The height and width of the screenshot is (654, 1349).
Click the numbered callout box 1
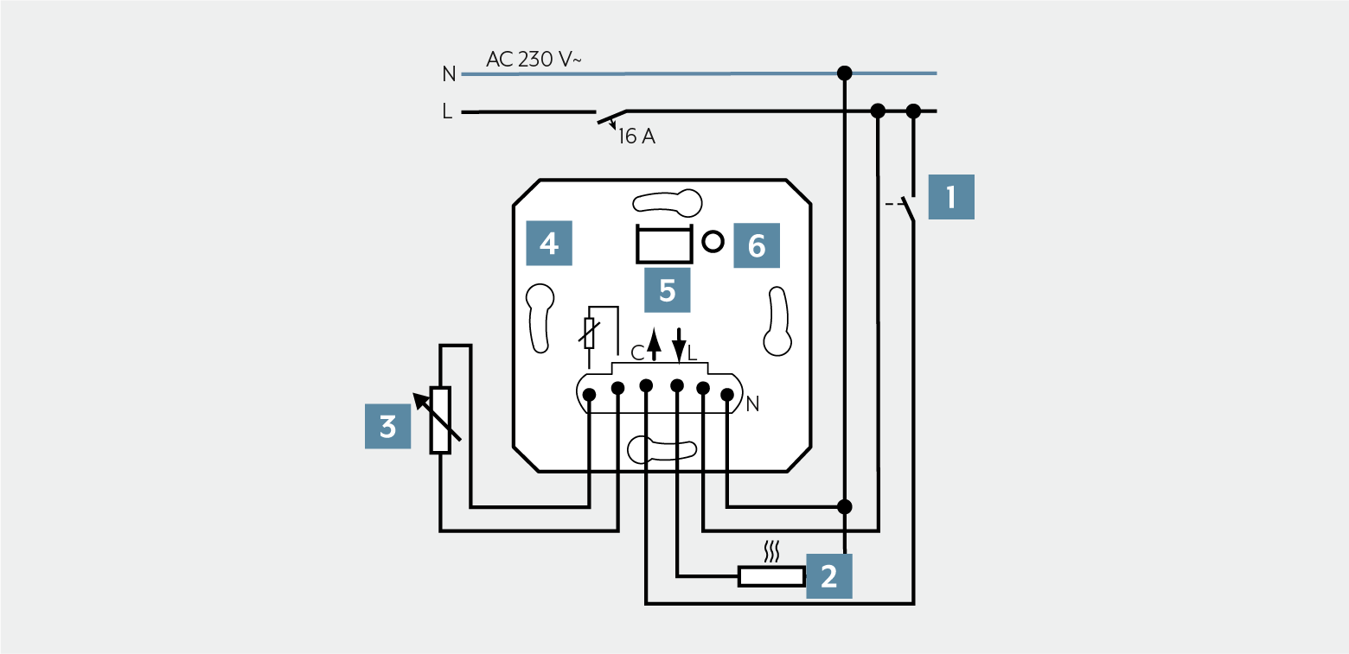pyautogui.click(x=951, y=197)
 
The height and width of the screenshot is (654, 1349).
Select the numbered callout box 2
pyautogui.click(x=828, y=576)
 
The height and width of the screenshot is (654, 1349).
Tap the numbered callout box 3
pyautogui.click(x=387, y=426)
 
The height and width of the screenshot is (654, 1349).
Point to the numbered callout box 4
pyautogui.click(x=548, y=243)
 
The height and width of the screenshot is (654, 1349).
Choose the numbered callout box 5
pyautogui.click(x=668, y=290)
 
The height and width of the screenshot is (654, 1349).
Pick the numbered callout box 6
pyautogui.click(x=757, y=245)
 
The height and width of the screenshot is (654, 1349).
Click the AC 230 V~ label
pyautogui.click(x=534, y=59)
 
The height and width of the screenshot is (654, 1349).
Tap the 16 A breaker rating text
pyautogui.click(x=636, y=136)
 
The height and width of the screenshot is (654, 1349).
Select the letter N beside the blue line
pyautogui.click(x=449, y=74)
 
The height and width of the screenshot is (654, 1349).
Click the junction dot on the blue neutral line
pyautogui.click(x=844, y=73)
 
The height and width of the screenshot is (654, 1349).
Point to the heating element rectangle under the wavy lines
pyautogui.click(x=771, y=576)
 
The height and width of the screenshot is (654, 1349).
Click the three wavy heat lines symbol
pyautogui.click(x=771, y=551)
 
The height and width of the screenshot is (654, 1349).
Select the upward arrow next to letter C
pyautogui.click(x=654, y=344)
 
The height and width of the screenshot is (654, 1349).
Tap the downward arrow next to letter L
pyautogui.click(x=679, y=346)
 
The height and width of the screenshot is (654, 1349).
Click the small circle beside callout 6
pyautogui.click(x=713, y=242)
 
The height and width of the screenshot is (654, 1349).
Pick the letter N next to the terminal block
pyautogui.click(x=752, y=404)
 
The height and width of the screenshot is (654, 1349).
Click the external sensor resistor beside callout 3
pyautogui.click(x=440, y=420)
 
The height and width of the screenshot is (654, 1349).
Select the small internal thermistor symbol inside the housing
pyautogui.click(x=589, y=333)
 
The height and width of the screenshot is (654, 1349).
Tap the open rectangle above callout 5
pyautogui.click(x=664, y=244)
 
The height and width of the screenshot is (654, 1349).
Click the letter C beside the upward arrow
pyautogui.click(x=637, y=352)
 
